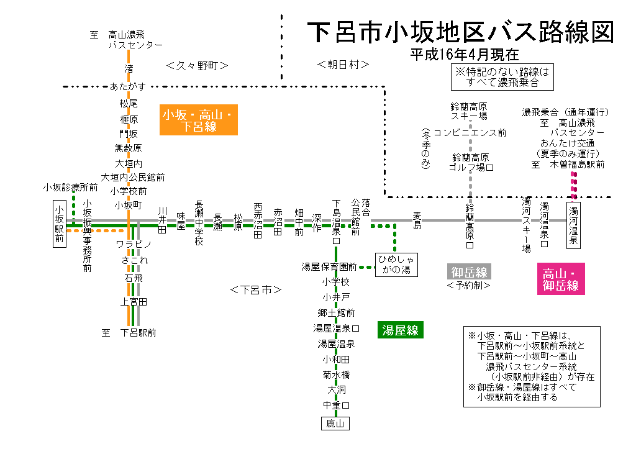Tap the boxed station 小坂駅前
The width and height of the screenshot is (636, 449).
tap(59, 224)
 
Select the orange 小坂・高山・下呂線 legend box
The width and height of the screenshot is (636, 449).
tap(198, 120)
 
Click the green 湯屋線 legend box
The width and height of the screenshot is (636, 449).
tap(400, 330)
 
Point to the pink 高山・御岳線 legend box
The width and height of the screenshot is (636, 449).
tap(560, 279)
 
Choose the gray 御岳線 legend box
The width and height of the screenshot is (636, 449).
tap(469, 271)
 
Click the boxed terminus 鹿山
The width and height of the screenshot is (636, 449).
tap(335, 424)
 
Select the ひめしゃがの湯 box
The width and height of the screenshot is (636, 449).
tap(396, 264)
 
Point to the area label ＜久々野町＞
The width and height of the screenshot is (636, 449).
tap(198, 65)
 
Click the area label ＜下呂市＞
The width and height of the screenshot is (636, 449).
tap(256, 290)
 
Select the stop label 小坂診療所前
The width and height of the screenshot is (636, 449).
tap(70, 187)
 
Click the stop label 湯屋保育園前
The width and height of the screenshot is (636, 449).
tap(329, 267)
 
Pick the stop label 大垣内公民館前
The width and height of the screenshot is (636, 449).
tap(133, 178)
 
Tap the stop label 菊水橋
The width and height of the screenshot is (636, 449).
tap(336, 375)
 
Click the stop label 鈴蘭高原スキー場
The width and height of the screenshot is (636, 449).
tap(470, 111)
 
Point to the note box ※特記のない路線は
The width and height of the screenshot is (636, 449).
tap(503, 77)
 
